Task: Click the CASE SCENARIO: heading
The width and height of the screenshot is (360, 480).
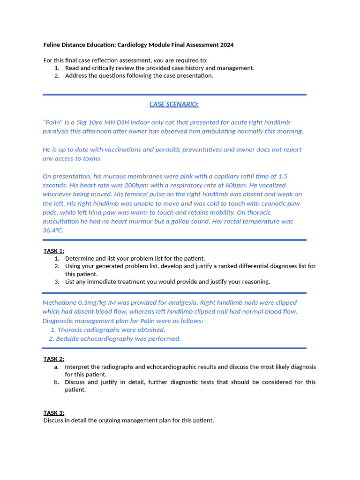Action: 174,104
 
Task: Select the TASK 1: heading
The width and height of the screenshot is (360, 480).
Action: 54,251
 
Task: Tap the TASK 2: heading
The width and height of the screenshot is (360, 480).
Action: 54,359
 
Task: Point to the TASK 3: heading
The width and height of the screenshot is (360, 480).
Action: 54,413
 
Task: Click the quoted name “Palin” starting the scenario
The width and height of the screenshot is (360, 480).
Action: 52,122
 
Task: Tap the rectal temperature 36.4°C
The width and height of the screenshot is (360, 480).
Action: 52,230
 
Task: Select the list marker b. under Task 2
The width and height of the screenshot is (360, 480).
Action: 56,382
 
